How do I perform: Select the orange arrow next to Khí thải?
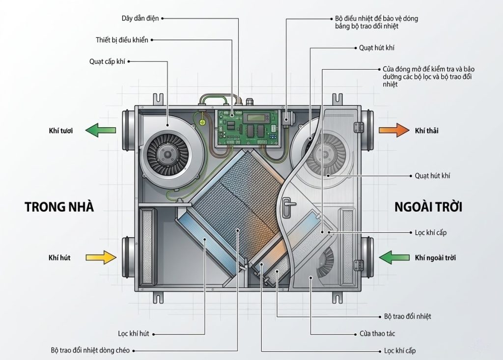coord(393,131)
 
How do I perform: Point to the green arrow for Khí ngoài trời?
coord(394,257)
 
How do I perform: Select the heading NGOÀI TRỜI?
coord(429,207)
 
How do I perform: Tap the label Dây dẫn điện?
coord(140,19)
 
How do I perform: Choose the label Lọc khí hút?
coord(134,333)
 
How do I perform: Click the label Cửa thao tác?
coord(374,333)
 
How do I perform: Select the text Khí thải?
coord(426,131)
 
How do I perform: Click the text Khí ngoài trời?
coord(437,257)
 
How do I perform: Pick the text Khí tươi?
coord(60,131)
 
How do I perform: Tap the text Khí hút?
coord(59,257)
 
